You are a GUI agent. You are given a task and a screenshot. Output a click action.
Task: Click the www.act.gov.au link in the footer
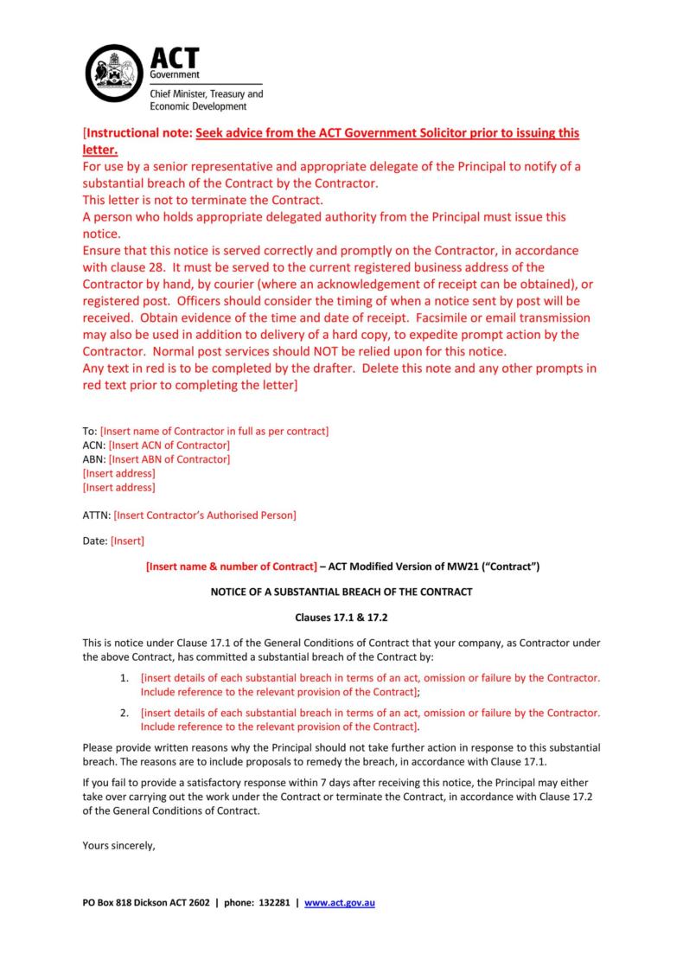340,903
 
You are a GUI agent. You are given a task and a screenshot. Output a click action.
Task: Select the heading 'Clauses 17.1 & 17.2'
341,618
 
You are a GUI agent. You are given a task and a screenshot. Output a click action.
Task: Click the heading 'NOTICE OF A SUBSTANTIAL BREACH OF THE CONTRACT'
341,592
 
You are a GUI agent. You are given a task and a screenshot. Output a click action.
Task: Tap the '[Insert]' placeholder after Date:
128,541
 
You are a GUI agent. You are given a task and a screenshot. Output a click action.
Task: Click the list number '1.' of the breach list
124,678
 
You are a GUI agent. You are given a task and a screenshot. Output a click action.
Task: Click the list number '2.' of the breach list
124,713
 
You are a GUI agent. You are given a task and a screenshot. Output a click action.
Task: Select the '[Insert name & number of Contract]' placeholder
231,567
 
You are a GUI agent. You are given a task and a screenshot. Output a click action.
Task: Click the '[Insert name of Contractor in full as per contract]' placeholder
214,431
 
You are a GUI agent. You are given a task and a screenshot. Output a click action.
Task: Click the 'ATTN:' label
96,516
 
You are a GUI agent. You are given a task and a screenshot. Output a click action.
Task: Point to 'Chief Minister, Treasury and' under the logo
207,93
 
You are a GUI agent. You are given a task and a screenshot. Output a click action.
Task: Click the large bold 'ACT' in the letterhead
175,59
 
